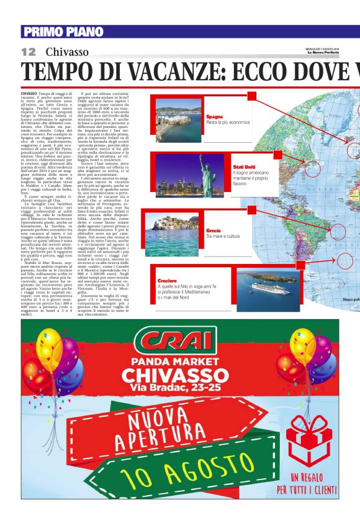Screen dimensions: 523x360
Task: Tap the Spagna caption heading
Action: click(214, 116)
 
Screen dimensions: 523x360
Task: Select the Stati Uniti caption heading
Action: click(243, 167)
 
